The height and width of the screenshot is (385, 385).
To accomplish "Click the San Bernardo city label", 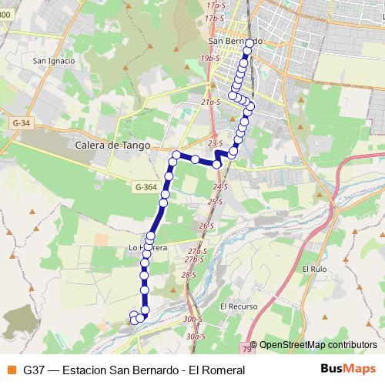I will [x=236, y=41].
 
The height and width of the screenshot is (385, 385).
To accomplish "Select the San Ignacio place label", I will [x=53, y=61].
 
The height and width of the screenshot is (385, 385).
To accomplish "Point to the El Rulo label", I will [x=315, y=269].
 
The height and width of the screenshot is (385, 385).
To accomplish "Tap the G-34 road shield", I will [x=22, y=122].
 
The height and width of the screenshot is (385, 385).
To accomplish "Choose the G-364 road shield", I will [x=146, y=187].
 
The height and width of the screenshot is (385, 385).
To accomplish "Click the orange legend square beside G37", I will [x=10, y=370].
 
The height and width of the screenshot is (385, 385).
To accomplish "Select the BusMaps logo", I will [x=348, y=370].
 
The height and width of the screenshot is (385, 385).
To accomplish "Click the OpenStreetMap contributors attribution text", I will [x=318, y=346].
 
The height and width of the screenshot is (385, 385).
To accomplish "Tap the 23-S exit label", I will [x=215, y=143].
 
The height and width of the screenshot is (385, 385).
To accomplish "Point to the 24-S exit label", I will [x=221, y=187].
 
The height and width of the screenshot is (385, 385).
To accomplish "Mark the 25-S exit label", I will [x=214, y=202].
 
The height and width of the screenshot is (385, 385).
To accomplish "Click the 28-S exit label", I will [x=189, y=275].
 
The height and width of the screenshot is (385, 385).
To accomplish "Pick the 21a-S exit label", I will [x=210, y=101].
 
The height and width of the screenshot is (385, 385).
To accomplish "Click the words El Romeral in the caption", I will [x=219, y=370].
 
